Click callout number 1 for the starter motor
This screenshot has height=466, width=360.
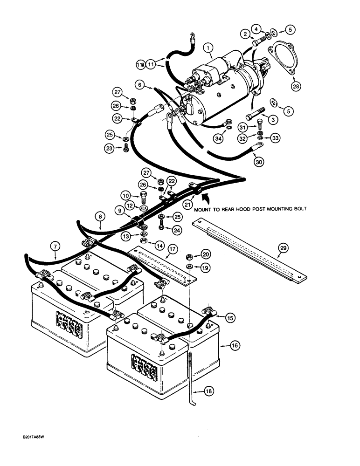[209, 47]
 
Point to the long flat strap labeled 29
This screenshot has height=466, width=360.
[247, 252]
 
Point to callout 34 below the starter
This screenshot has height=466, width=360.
[230, 138]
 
